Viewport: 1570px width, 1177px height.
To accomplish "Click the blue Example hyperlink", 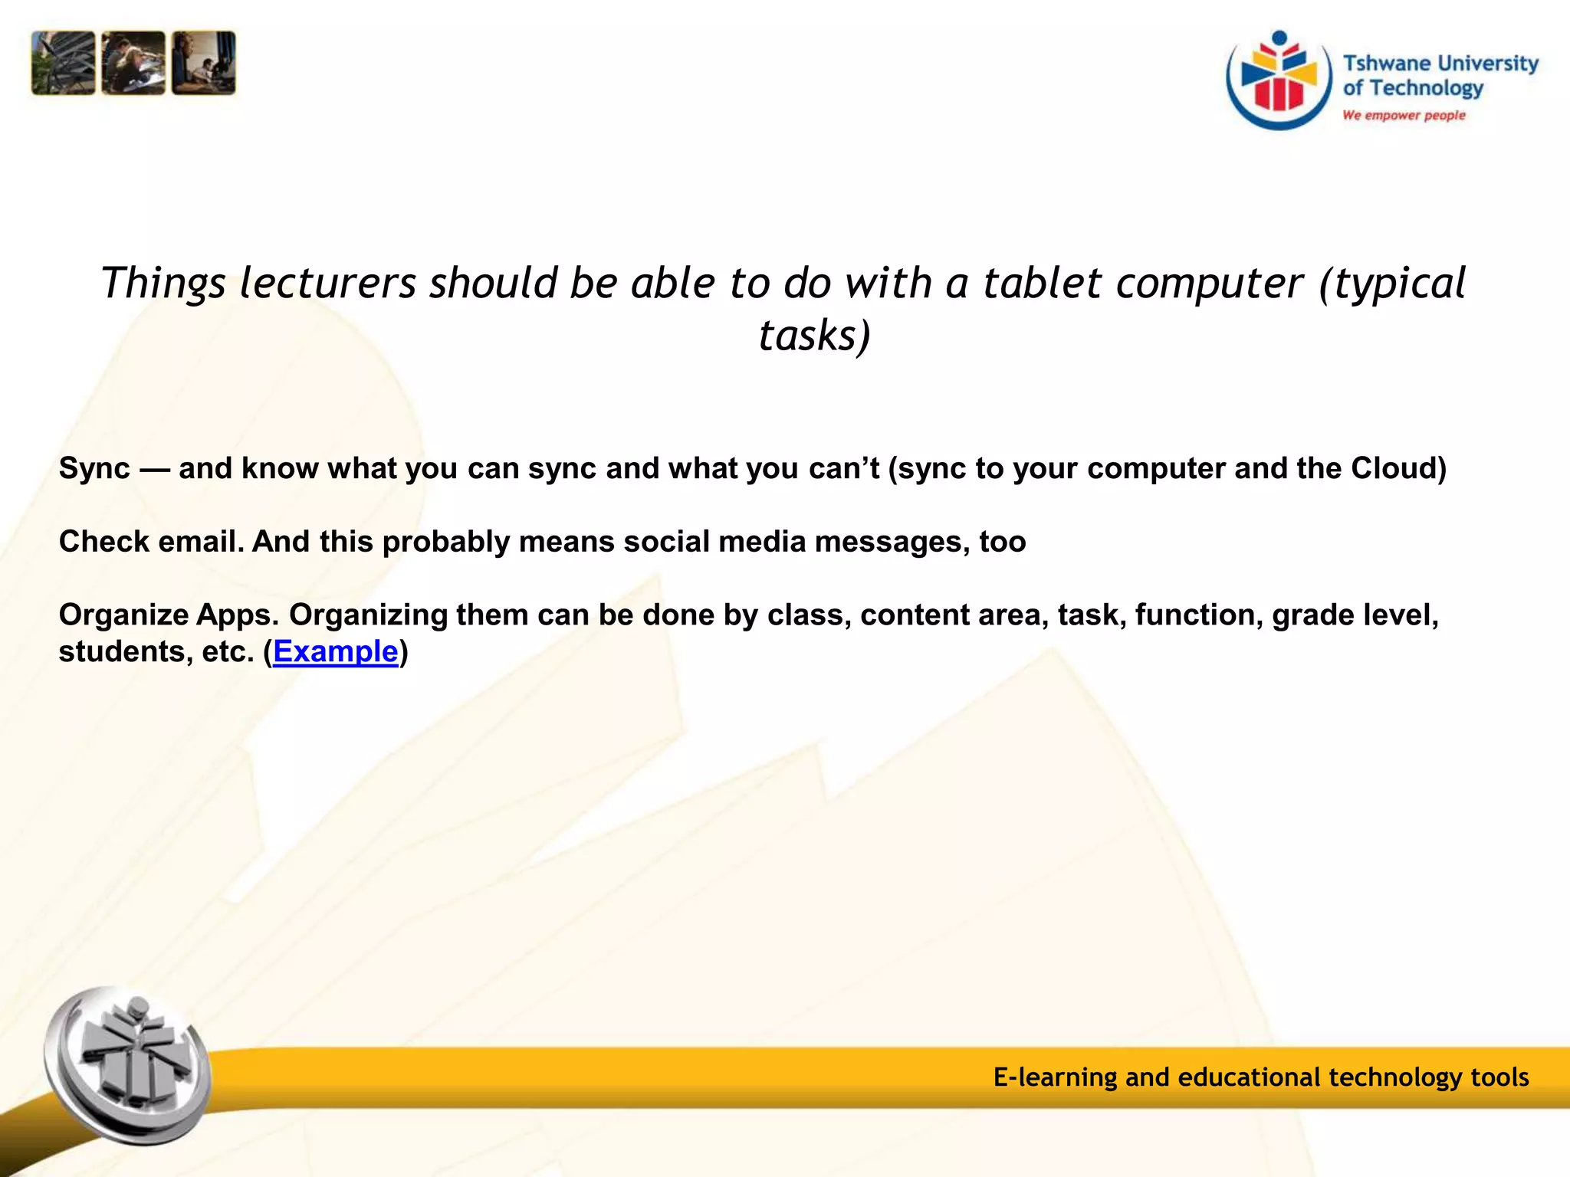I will [x=335, y=652].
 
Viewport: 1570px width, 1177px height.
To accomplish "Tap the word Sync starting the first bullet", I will [x=94, y=469].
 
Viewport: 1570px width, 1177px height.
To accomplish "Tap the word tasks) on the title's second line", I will [x=814, y=336].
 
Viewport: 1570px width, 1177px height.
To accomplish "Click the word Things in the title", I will [x=163, y=284].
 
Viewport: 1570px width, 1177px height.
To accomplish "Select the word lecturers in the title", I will [x=327, y=283].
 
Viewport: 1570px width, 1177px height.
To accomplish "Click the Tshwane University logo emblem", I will [x=1279, y=81].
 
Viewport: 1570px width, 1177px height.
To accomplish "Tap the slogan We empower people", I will [x=1403, y=116].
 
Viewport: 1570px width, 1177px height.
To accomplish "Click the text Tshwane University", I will [x=1440, y=63].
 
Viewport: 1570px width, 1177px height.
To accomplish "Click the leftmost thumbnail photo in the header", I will [x=63, y=63].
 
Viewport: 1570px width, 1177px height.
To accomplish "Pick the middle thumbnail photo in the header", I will [x=133, y=63].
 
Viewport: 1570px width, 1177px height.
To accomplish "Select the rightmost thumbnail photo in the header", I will [x=204, y=63].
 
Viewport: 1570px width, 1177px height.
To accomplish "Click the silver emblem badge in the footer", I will [x=126, y=1065].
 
